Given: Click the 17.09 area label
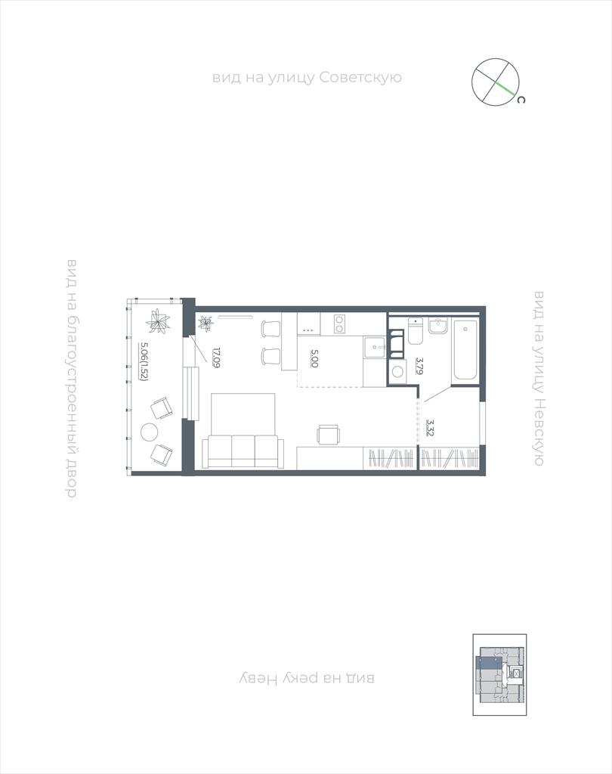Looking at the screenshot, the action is coord(216,358).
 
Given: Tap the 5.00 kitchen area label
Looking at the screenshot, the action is coord(314,358).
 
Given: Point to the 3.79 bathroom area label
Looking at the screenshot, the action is coord(419,367).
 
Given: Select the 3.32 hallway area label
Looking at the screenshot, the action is coord(431,429).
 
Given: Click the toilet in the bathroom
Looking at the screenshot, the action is coord(416,331).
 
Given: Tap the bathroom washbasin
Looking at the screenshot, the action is coord(437,326).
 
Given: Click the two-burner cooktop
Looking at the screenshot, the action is coord(339,324).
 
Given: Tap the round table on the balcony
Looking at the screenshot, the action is coord(149,432).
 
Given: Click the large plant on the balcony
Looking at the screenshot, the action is coord(159,321).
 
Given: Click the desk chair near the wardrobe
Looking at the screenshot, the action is coord(329,435).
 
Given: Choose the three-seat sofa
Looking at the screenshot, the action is coord(243,451).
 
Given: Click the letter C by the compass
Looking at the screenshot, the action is coord(521,100).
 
